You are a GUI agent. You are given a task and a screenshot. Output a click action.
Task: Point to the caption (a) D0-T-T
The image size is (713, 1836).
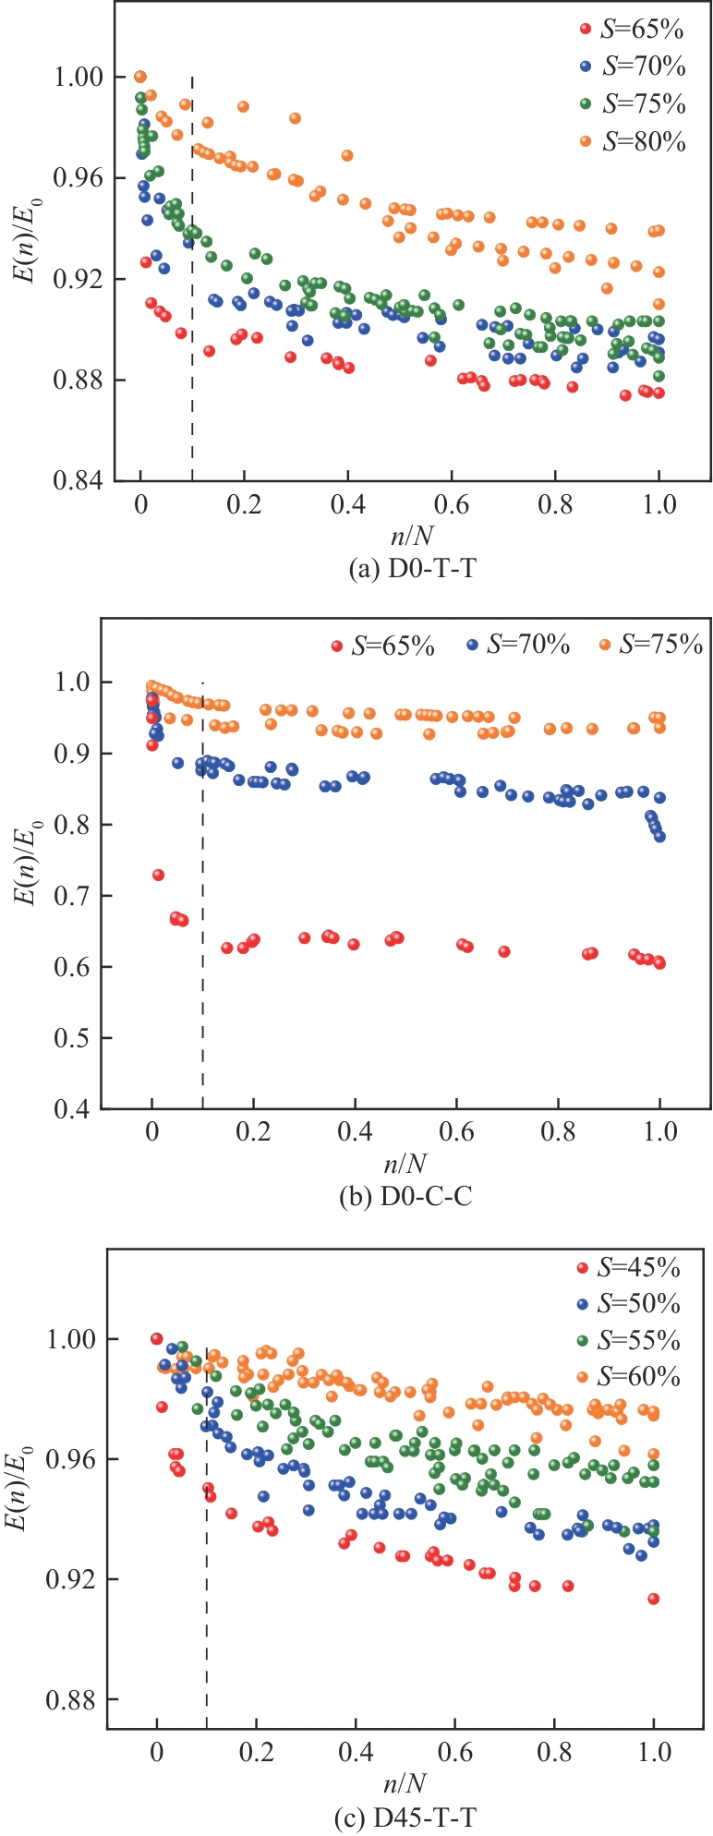click(413, 570)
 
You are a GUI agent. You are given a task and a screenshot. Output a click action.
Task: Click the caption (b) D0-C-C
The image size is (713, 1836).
click(406, 1198)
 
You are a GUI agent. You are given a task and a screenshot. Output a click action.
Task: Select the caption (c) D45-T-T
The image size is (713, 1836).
click(405, 1818)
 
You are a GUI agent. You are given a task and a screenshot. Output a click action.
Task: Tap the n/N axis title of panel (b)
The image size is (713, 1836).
click(406, 1161)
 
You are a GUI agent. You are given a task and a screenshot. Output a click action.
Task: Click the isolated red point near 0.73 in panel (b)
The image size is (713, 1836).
click(158, 875)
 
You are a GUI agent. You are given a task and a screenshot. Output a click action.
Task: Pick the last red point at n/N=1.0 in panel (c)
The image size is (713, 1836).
click(653, 1599)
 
